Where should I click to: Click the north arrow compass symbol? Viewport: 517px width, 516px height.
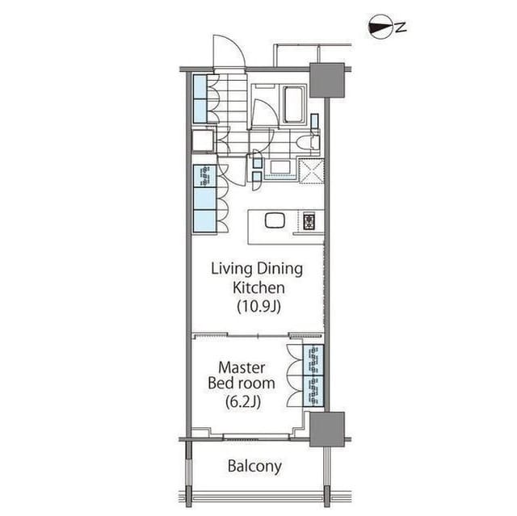click(379, 27)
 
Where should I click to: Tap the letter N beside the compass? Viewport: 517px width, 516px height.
click(401, 27)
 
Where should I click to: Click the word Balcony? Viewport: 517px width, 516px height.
click(254, 466)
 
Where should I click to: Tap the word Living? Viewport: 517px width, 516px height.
click(229, 269)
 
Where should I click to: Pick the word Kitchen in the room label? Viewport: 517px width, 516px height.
click(257, 287)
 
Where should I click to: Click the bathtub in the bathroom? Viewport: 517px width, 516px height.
click(292, 103)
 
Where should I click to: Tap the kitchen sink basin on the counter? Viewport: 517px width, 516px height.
click(275, 220)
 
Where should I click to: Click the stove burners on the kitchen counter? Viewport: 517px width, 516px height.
click(309, 220)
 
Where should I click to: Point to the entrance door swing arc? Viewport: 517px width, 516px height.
click(229, 52)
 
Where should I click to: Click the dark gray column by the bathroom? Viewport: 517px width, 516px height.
click(327, 79)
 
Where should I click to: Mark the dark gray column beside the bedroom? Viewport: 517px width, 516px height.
click(326, 428)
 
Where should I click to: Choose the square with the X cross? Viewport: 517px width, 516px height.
click(311, 170)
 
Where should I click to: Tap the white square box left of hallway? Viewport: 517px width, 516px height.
click(202, 141)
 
